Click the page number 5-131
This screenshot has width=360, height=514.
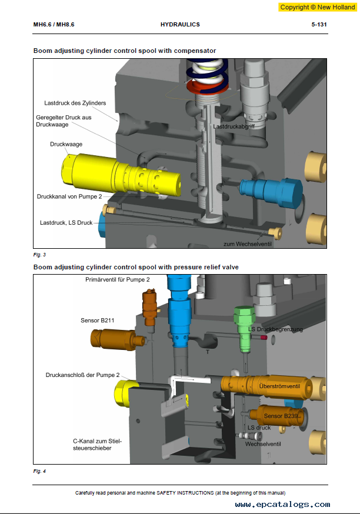(319, 25)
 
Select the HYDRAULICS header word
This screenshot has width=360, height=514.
(180, 25)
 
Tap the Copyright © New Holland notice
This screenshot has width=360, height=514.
(318, 7)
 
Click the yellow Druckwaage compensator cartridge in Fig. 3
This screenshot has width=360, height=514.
(121, 174)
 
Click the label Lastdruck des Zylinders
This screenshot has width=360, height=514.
(75, 103)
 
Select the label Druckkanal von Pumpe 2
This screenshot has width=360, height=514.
(69, 196)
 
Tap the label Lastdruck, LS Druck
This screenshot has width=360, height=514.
(66, 223)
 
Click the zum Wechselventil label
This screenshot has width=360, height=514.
(248, 244)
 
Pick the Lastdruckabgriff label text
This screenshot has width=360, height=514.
(234, 126)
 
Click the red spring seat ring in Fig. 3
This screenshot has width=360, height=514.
(207, 88)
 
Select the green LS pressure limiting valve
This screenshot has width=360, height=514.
(245, 329)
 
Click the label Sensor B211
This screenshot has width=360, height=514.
(98, 321)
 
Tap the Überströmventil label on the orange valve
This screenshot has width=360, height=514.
(279, 386)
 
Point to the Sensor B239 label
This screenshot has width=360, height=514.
(281, 416)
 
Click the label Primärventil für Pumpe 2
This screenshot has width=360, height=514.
(118, 279)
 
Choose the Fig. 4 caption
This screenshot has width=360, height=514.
(39, 471)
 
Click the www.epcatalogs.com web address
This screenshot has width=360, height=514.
(282, 505)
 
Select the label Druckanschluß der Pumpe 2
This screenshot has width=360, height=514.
(82, 375)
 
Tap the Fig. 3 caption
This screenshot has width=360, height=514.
(39, 255)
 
